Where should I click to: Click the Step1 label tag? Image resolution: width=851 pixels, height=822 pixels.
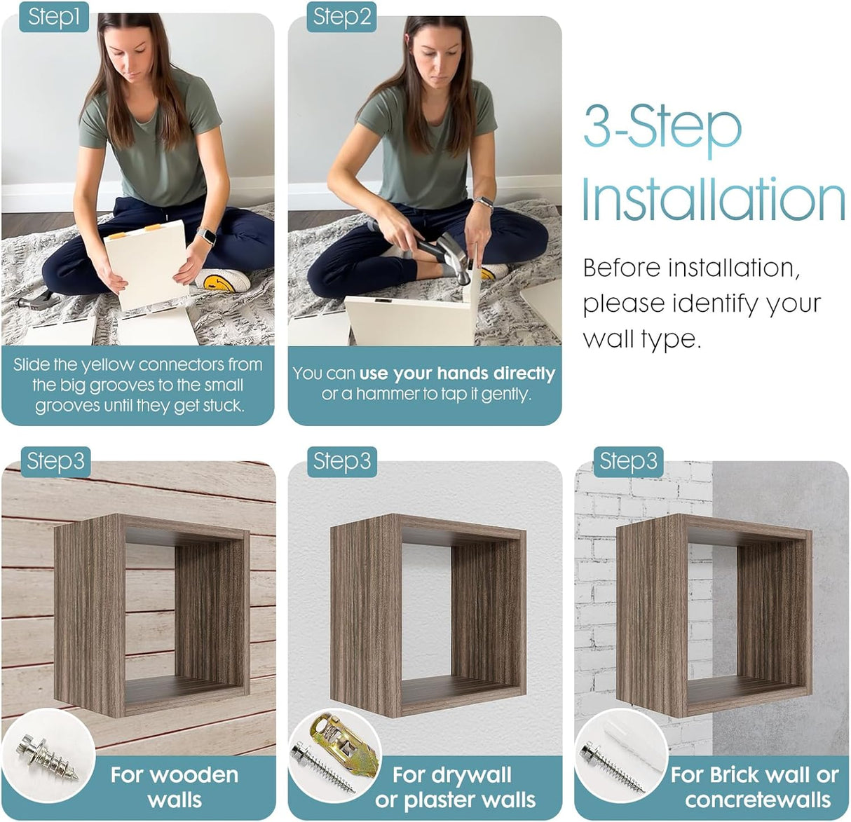tap(54, 17)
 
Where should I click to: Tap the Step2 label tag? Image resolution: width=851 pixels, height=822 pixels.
tap(341, 17)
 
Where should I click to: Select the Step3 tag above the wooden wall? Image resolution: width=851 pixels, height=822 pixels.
tap(55, 462)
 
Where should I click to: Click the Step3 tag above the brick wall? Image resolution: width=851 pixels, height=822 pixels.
tap(628, 462)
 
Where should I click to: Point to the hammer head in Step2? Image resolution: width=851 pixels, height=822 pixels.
tap(455, 258)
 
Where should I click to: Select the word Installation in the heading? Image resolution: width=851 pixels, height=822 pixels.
tap(713, 199)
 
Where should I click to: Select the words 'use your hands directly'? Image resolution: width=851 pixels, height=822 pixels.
tap(457, 374)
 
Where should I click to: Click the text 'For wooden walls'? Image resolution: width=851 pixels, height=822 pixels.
tap(175, 787)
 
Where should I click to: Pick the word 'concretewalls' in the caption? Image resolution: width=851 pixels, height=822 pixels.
tap(757, 800)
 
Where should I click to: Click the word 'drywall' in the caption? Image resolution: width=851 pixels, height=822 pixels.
tap(451, 776)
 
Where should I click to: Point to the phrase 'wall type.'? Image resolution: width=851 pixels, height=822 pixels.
tap(642, 339)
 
